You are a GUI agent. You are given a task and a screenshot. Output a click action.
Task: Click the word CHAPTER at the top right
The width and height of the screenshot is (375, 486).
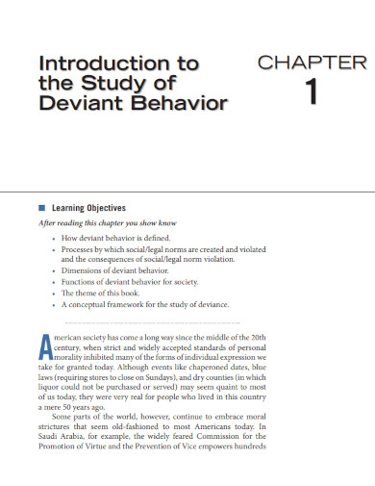(312, 63)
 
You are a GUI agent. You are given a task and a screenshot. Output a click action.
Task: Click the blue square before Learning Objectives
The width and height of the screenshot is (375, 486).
(40, 208)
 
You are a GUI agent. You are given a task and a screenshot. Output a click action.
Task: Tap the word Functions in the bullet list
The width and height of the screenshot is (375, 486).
(81, 282)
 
